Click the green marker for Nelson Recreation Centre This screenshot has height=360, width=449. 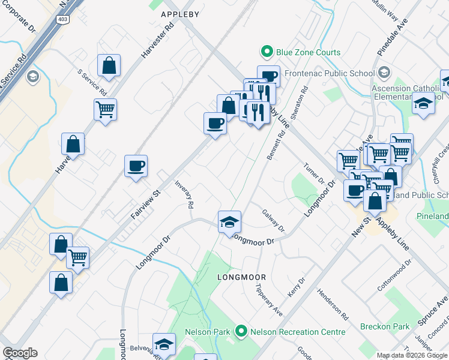pos(241,332)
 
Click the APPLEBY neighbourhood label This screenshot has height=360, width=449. pos(179,13)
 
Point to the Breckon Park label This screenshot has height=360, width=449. pos(385,327)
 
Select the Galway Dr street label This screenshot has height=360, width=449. pos(273,221)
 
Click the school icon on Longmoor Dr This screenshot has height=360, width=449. pos(229,222)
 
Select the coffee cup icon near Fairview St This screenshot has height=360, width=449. pos(136,166)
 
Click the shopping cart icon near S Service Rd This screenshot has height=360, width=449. pos(105,110)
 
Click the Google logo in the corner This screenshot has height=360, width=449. pos(20,353)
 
